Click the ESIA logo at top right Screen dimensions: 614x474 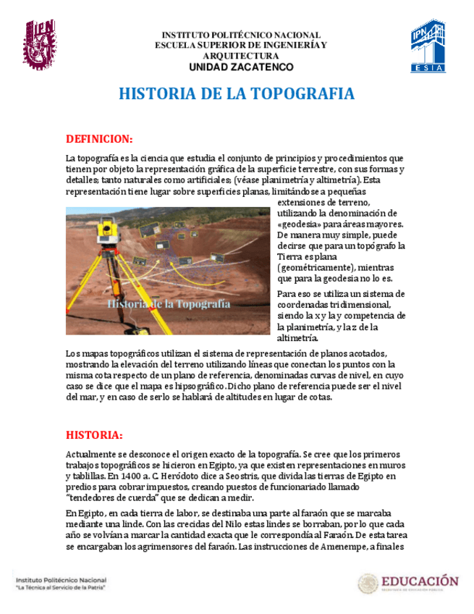click(x=428, y=46)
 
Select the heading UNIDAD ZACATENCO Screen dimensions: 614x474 click(x=241, y=67)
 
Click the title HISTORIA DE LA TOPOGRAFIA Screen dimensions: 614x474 click(x=237, y=95)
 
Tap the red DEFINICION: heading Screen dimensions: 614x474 click(x=98, y=138)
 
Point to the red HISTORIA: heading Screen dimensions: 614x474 click(x=94, y=435)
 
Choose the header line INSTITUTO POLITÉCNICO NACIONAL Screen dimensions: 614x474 click(x=240, y=35)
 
